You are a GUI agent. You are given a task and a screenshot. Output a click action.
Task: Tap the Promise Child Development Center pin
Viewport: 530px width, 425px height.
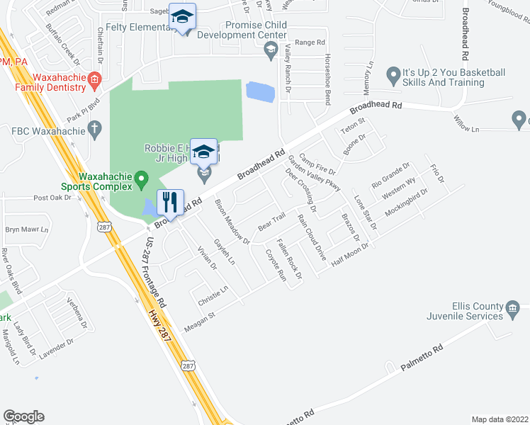[269, 49]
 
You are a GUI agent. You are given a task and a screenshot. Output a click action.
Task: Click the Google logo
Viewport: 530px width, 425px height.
[23, 416]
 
